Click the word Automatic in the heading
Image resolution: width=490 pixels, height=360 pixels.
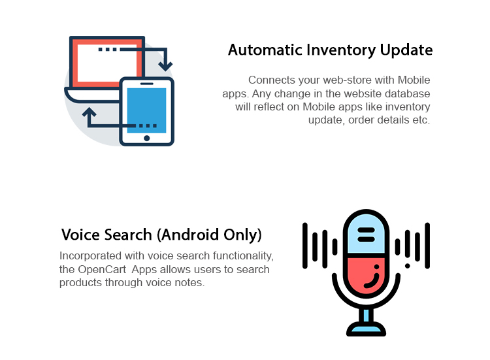(265, 50)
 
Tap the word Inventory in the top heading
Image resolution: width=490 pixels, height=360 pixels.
(341, 50)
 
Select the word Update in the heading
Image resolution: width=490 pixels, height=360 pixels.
(406, 50)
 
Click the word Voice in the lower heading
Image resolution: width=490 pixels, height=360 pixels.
(81, 235)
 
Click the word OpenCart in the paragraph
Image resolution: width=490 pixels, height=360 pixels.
(102, 269)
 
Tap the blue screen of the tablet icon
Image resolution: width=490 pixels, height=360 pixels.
(146, 110)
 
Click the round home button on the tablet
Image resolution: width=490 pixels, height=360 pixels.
(146, 138)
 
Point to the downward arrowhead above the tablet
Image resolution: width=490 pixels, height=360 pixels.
(165, 66)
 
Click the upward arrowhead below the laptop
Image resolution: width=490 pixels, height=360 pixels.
(89, 112)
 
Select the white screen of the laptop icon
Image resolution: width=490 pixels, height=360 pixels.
(108, 63)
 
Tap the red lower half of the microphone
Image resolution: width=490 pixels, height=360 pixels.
(366, 275)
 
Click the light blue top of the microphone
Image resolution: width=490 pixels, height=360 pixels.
(366, 235)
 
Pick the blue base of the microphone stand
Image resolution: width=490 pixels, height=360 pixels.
(366, 329)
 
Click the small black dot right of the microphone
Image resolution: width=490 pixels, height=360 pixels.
(407, 266)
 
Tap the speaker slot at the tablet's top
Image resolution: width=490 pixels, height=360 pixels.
(146, 84)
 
